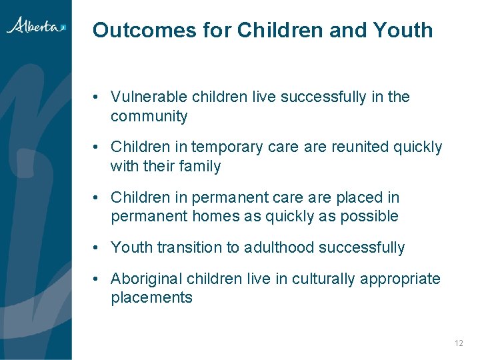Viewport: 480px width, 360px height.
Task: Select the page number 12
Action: pyautogui.click(x=458, y=343)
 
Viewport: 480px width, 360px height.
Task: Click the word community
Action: pyautogui.click(x=149, y=117)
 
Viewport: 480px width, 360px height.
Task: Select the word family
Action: pyautogui.click(x=199, y=167)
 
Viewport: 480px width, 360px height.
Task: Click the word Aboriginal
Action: pyautogui.click(x=147, y=279)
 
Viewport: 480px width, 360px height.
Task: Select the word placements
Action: pyautogui.click(x=151, y=298)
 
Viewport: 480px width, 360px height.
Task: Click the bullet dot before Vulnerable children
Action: pyautogui.click(x=97, y=97)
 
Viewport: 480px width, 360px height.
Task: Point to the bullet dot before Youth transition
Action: pyautogui.click(x=97, y=248)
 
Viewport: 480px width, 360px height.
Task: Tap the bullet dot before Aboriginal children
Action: pyautogui.click(x=97, y=279)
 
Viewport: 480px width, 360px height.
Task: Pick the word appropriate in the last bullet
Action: pyautogui.click(x=400, y=279)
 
